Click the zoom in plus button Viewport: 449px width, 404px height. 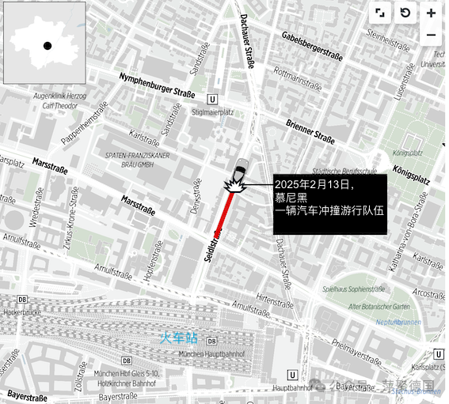point(431,13)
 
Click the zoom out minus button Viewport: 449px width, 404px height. point(431,36)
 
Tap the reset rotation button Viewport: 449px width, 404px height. point(405,13)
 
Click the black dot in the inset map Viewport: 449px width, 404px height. point(48,46)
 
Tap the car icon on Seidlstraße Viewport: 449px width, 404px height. point(239,169)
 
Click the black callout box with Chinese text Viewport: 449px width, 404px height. point(329,204)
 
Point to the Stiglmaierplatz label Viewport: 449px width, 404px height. point(211,112)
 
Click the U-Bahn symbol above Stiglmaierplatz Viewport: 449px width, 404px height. point(211,99)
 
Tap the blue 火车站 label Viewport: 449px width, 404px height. point(177,338)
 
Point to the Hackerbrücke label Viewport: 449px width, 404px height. point(21,312)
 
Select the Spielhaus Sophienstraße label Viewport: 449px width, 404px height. point(363,289)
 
